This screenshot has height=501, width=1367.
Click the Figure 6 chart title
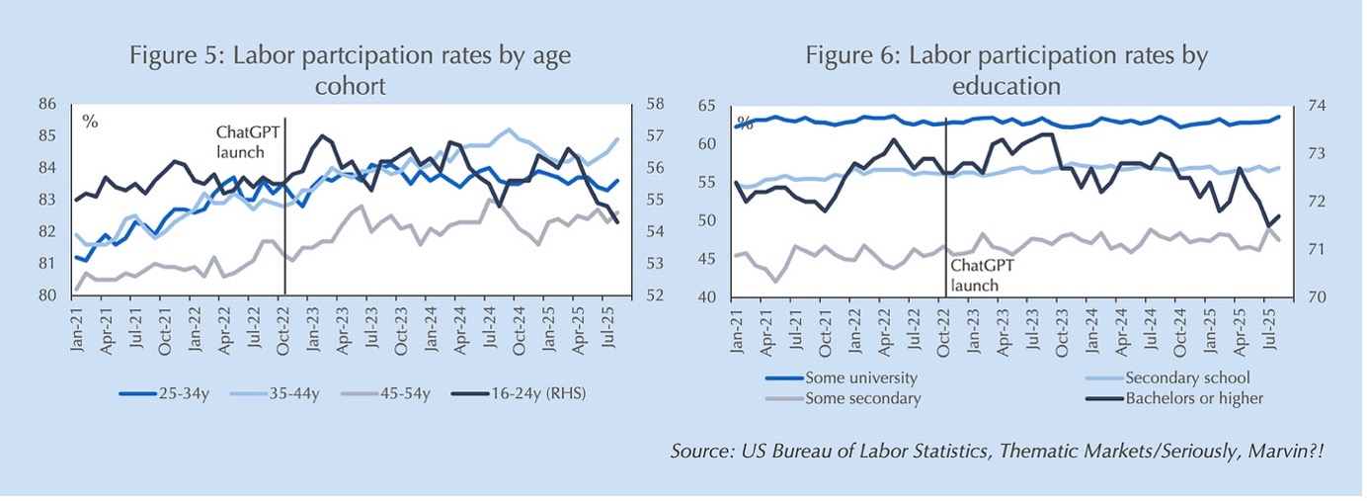click(1005, 70)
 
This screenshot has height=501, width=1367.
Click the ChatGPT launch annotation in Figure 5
click(240, 141)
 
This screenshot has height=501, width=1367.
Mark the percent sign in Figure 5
click(90, 123)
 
